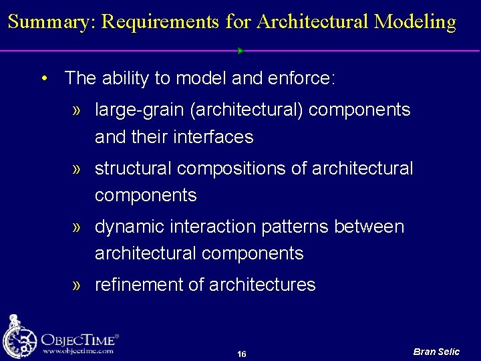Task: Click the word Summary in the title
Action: [x=52, y=22]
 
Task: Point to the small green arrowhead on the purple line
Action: [x=240, y=51]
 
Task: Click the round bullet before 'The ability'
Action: [x=43, y=79]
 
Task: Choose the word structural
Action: [x=133, y=168]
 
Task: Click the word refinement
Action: [x=138, y=285]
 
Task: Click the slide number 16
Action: [x=241, y=354]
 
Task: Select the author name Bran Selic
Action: [x=436, y=352]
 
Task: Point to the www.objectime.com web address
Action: [x=78, y=351]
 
